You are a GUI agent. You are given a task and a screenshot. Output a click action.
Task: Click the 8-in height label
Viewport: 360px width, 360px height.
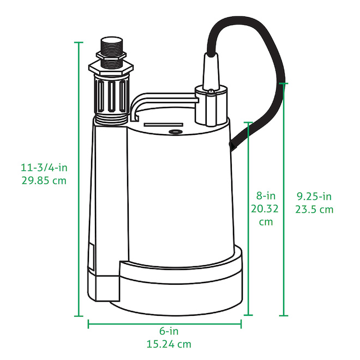pyautogui.click(x=266, y=195)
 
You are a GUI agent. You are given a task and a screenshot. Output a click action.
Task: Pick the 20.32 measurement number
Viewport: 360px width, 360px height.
pyautogui.click(x=266, y=209)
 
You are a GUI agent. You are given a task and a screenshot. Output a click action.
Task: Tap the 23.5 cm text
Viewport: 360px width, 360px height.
pyautogui.click(x=315, y=210)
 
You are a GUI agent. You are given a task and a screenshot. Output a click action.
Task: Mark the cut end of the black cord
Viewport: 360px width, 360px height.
pyautogui.click(x=232, y=146)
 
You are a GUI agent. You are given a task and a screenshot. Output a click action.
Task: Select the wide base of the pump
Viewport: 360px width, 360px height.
pyautogui.click(x=180, y=284)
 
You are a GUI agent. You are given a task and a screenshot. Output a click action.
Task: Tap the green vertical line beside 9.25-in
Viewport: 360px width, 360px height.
pyautogui.click(x=284, y=245)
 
